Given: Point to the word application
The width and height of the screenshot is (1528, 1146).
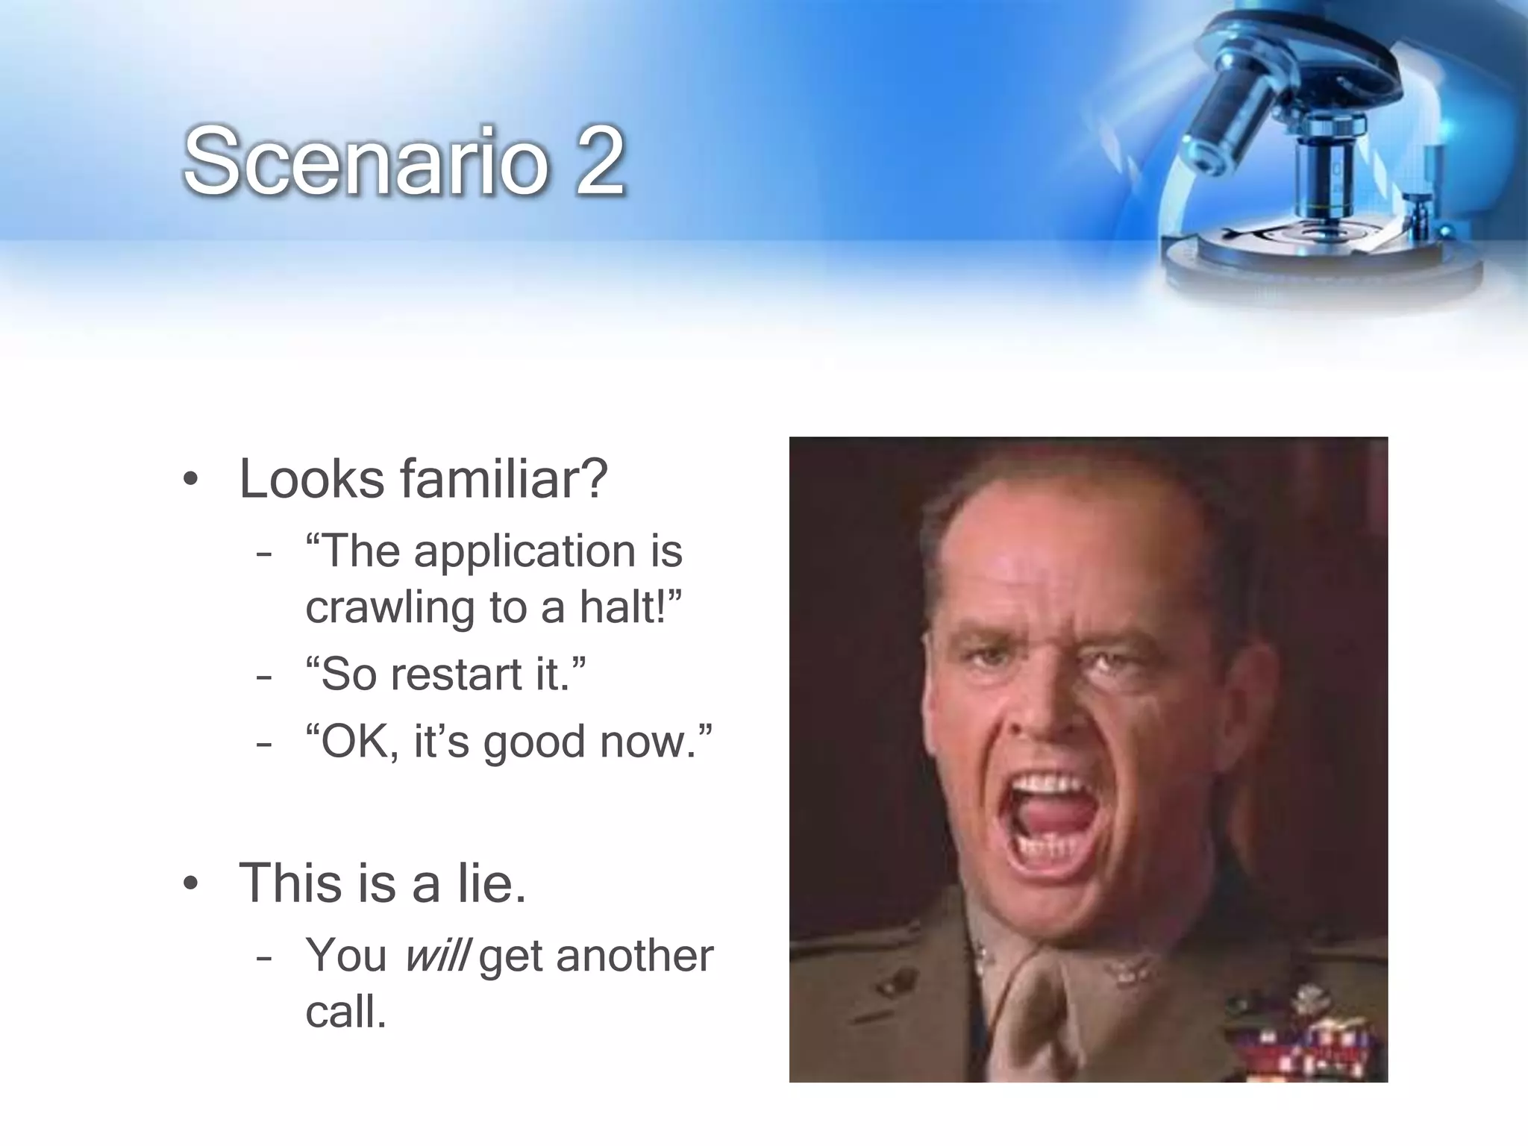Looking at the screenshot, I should pos(525,552).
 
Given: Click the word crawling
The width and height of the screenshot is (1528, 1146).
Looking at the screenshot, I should pos(390,607).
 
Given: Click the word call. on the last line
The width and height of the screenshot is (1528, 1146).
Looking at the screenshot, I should pos(346,1012).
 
